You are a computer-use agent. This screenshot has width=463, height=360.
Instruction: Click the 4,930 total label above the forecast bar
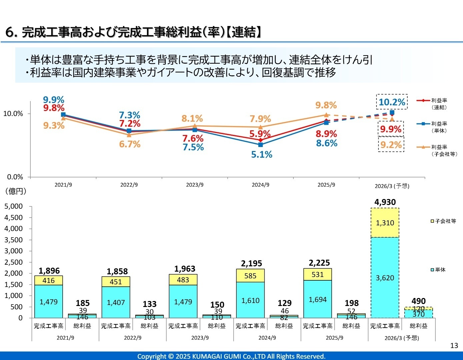click(x=385, y=202)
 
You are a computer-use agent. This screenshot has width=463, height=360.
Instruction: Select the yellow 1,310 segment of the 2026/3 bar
click(x=385, y=223)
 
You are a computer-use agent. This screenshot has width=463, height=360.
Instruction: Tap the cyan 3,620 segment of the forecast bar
click(x=385, y=278)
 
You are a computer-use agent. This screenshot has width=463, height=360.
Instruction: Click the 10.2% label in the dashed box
click(x=392, y=102)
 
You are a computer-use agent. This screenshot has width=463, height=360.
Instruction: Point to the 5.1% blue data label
click(x=262, y=155)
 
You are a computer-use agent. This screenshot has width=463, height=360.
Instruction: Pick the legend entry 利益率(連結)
click(x=437, y=104)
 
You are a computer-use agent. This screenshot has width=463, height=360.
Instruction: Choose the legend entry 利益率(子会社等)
click(x=437, y=150)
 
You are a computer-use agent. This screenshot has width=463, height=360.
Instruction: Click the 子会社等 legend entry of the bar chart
click(x=443, y=221)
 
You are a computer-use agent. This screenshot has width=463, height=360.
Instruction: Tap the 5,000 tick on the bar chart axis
click(x=14, y=206)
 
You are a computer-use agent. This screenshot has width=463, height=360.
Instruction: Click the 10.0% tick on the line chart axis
click(x=13, y=114)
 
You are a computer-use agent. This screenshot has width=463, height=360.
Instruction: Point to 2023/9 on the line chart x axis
click(x=195, y=185)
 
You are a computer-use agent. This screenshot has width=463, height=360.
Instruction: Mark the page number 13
click(x=454, y=345)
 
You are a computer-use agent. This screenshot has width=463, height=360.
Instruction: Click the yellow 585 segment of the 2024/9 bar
click(x=250, y=276)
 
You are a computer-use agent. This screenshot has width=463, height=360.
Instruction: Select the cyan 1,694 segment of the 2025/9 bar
click(x=318, y=299)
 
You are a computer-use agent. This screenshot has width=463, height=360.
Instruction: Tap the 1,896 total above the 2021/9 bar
click(x=49, y=271)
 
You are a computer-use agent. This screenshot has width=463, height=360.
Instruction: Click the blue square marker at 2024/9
click(x=260, y=145)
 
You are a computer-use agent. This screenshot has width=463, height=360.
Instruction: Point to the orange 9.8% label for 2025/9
click(x=326, y=105)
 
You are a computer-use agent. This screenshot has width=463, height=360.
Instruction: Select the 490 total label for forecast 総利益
click(x=418, y=301)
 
